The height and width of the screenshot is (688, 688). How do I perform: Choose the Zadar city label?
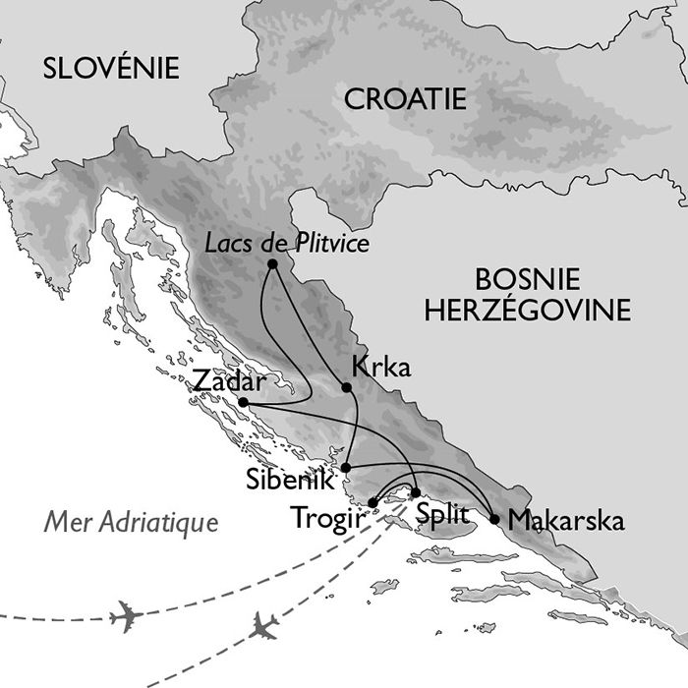click(231, 380)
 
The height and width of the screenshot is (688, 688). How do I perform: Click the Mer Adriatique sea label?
click(131, 521)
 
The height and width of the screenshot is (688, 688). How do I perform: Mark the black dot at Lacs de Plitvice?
click(272, 263)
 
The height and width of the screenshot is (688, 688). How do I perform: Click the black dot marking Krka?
click(348, 387)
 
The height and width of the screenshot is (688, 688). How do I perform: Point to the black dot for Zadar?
click(243, 403)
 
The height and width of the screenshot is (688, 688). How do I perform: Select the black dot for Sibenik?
click(348, 466)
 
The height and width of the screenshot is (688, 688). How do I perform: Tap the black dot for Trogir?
click(373, 503)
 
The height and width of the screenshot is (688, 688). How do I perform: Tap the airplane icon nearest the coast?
click(263, 626)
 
